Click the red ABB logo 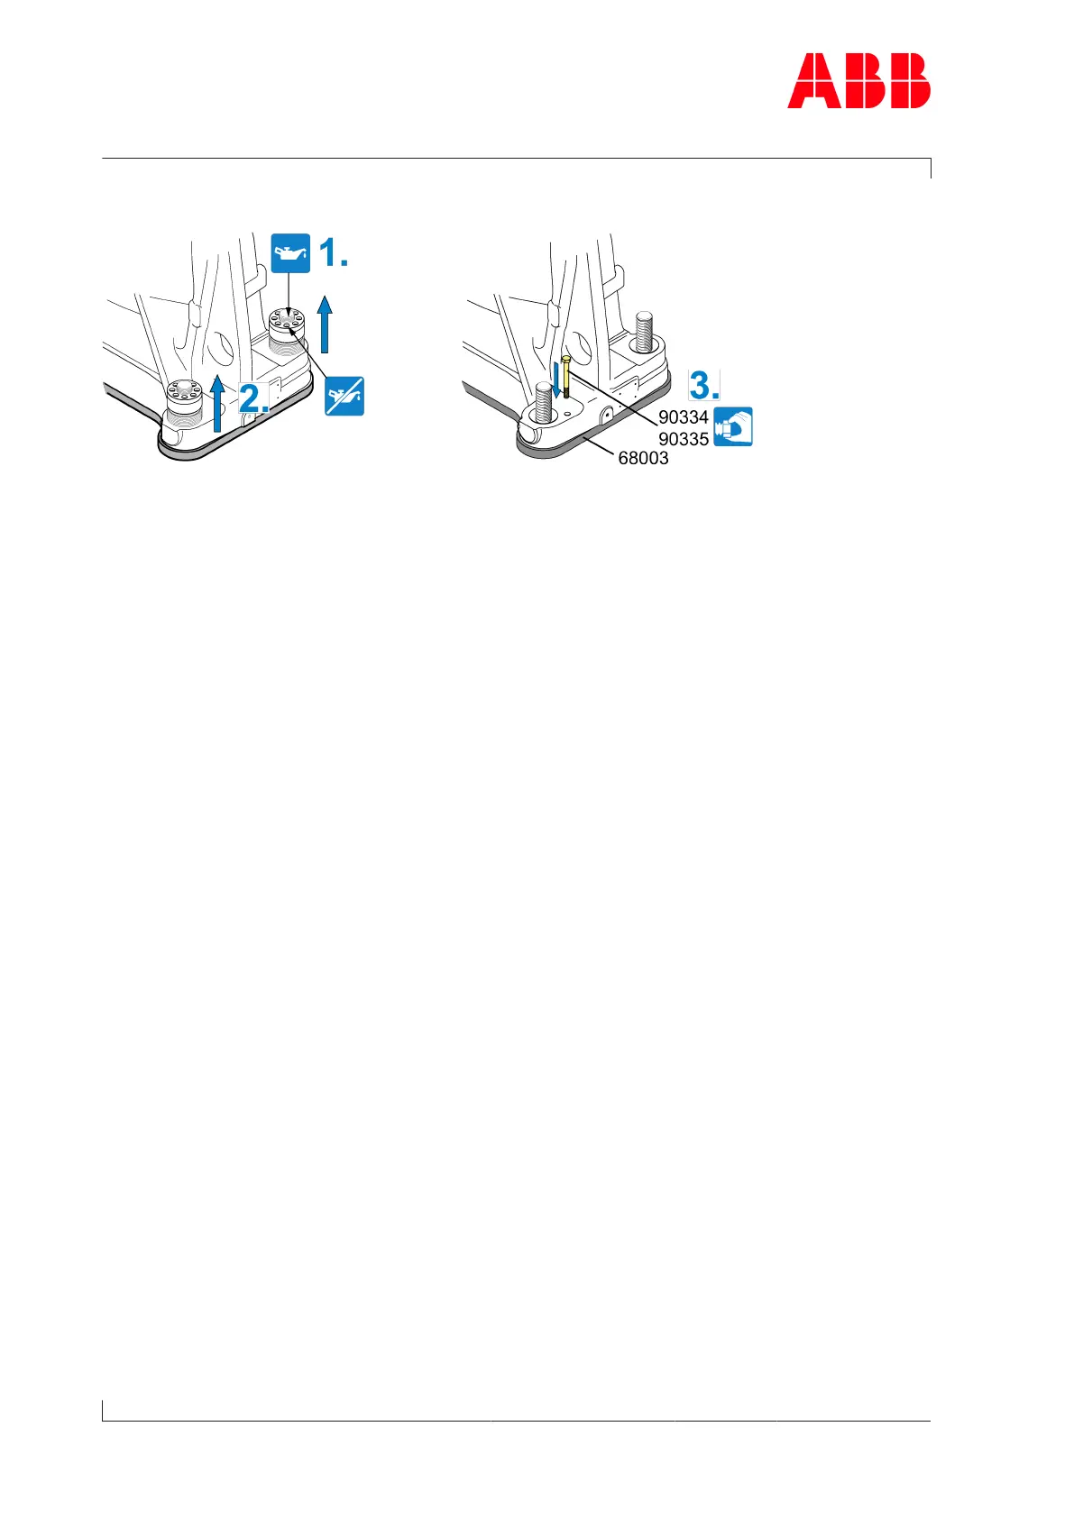tap(858, 81)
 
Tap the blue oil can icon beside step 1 tap(290, 253)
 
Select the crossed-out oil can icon tap(344, 396)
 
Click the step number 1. tap(333, 253)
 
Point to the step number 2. tap(253, 397)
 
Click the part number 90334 tap(683, 417)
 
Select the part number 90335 tap(683, 439)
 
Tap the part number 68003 tap(643, 458)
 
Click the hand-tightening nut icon tap(733, 426)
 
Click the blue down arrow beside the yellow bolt tap(557, 379)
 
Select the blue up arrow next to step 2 tap(217, 402)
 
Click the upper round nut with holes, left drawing tap(286, 325)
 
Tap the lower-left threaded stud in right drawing tap(544, 401)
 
